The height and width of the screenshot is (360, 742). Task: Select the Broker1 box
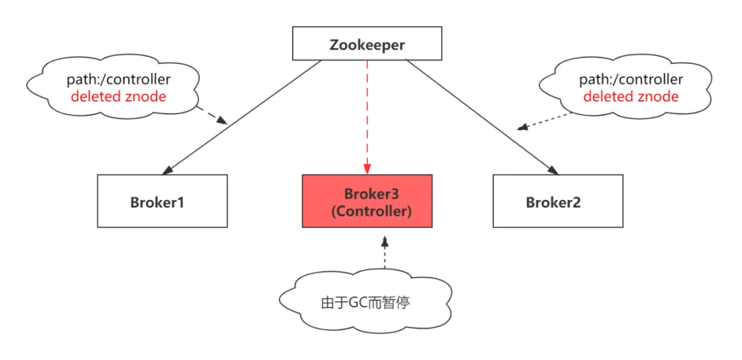point(162,202)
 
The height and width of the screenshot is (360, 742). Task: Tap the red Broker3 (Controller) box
point(367,202)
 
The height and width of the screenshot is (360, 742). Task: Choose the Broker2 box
point(558,202)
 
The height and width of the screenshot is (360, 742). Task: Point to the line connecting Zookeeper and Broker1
point(240,117)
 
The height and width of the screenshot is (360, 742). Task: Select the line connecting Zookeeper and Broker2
point(481,117)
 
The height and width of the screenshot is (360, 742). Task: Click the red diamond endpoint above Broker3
point(367,168)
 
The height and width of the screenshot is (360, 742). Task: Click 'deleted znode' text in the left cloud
point(118,97)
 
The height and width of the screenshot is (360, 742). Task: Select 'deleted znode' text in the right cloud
point(631,97)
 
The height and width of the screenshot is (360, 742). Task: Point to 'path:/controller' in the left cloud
point(118,80)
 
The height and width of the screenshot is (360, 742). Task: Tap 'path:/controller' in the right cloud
point(631,80)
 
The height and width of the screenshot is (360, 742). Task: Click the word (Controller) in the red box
point(371,212)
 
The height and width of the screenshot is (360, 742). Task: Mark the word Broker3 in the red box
point(371,194)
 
